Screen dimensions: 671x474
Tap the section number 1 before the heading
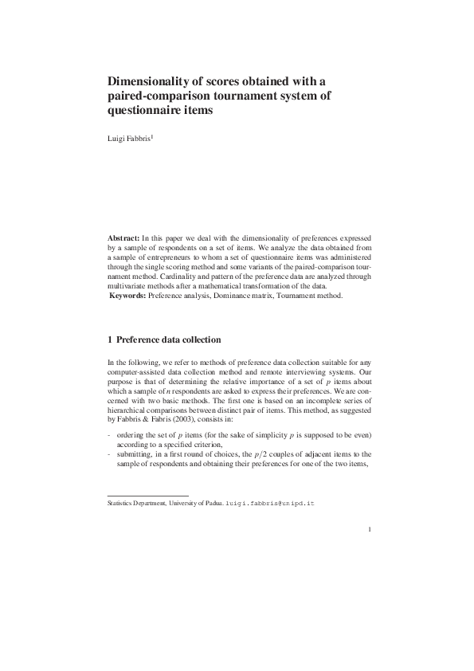click(x=110, y=340)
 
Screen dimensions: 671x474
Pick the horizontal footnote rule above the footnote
click(x=147, y=496)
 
